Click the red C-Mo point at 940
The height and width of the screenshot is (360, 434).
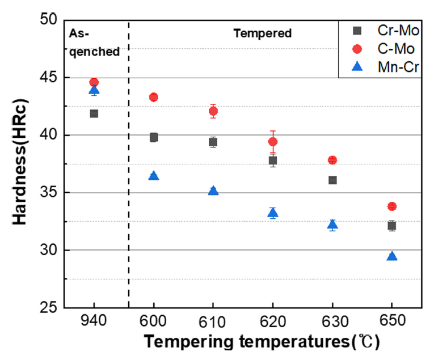[94, 82]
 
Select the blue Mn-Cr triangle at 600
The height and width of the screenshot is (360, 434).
[154, 176]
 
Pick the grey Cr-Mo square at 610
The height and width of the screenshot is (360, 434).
[213, 142]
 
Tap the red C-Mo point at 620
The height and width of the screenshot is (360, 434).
[273, 142]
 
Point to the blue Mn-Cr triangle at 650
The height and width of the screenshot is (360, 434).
[391, 256]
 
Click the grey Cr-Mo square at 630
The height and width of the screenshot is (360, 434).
[332, 180]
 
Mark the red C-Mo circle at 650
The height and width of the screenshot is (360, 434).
[391, 206]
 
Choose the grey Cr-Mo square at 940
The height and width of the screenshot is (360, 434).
[94, 113]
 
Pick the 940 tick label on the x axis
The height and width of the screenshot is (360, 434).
[94, 321]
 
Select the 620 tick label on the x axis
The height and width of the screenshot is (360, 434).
[273, 321]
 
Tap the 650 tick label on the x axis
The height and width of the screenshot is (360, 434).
[391, 321]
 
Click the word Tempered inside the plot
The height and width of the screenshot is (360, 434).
[263, 33]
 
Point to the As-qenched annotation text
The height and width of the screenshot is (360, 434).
[94, 43]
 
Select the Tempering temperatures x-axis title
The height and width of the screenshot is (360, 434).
[261, 342]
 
